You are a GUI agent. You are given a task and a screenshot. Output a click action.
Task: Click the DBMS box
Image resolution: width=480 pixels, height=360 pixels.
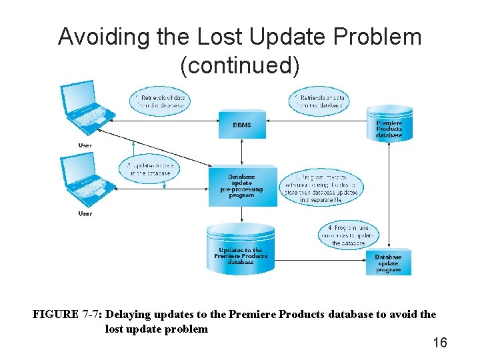point(242,125)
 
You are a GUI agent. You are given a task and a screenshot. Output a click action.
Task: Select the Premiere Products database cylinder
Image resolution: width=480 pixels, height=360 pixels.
point(389,123)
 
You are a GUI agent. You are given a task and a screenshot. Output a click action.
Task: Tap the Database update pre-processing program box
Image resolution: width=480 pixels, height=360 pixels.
point(241,186)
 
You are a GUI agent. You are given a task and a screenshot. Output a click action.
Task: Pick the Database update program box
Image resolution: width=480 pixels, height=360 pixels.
point(388,263)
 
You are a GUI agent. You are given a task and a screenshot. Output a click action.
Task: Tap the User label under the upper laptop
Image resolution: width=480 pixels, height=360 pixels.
point(85,145)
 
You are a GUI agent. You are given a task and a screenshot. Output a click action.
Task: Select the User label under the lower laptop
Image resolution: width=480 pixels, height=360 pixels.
point(85,213)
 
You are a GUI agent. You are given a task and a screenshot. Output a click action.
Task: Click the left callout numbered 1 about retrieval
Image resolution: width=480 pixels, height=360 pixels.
point(161,101)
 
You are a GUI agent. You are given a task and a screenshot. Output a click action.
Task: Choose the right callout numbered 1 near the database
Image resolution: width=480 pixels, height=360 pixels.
point(321,101)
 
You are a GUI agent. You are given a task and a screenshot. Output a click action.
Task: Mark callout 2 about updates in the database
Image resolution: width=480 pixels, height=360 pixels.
point(150,169)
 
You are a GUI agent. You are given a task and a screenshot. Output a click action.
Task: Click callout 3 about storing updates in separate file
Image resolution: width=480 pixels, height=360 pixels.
point(327,188)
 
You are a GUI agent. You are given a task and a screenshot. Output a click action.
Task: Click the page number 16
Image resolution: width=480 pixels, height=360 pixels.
point(440,343)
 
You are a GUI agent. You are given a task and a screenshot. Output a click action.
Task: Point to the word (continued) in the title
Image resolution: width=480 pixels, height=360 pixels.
point(240,65)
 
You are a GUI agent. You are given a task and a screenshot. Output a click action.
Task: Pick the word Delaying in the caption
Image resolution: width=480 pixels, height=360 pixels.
point(129,314)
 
